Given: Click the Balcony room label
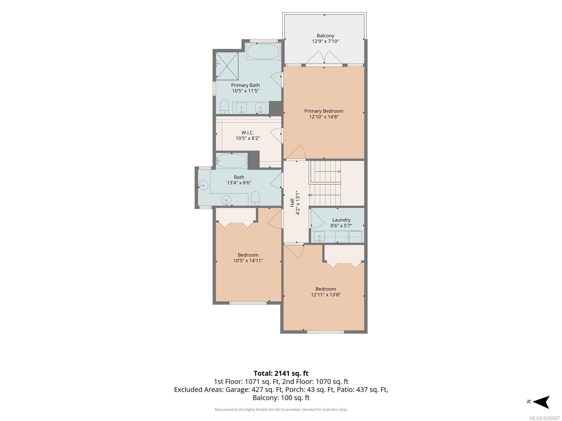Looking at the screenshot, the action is pyautogui.click(x=325, y=36).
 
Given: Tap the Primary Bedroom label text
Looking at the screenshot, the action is pyautogui.click(x=324, y=111).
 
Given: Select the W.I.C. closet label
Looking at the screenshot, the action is pyautogui.click(x=248, y=132).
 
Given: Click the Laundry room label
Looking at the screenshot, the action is pyautogui.click(x=341, y=220).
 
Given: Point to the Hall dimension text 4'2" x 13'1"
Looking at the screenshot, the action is pyautogui.click(x=298, y=203).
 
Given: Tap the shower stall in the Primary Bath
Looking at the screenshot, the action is pyautogui.click(x=227, y=66).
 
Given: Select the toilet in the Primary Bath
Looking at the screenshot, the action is pyautogui.click(x=224, y=107).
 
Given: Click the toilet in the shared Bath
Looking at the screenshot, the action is pyautogui.click(x=255, y=198).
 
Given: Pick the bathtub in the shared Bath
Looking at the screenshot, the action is pyautogui.click(x=231, y=161).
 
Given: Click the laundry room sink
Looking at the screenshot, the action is pyautogui.click(x=319, y=236).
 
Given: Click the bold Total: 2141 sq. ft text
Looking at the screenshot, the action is pyautogui.click(x=281, y=373).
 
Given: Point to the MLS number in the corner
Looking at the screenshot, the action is pyautogui.click(x=544, y=418).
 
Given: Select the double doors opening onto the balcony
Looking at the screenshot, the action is pyautogui.click(x=324, y=57).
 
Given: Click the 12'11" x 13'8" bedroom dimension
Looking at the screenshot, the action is pyautogui.click(x=325, y=295).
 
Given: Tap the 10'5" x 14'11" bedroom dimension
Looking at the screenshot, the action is pyautogui.click(x=248, y=261).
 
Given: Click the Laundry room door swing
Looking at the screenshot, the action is pyautogui.click(x=317, y=219).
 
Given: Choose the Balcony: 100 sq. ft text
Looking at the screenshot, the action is pyautogui.click(x=281, y=398).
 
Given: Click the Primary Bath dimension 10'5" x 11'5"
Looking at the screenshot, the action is pyautogui.click(x=245, y=91).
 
